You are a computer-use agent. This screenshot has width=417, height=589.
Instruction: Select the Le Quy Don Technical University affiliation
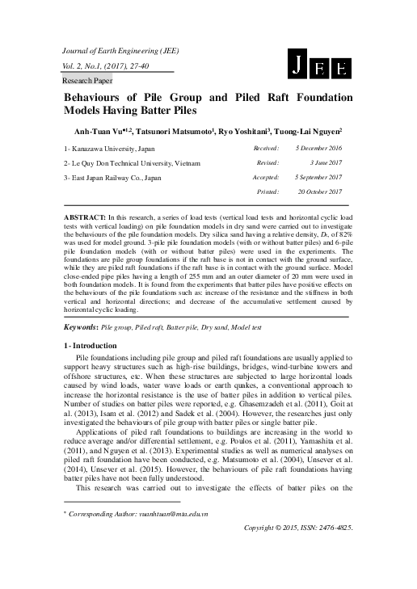point(130,163)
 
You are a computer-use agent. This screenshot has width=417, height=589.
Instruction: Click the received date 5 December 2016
point(318,149)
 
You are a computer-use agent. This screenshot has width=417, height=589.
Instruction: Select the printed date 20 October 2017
point(320,191)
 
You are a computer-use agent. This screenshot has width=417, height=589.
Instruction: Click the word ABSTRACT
point(83,219)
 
